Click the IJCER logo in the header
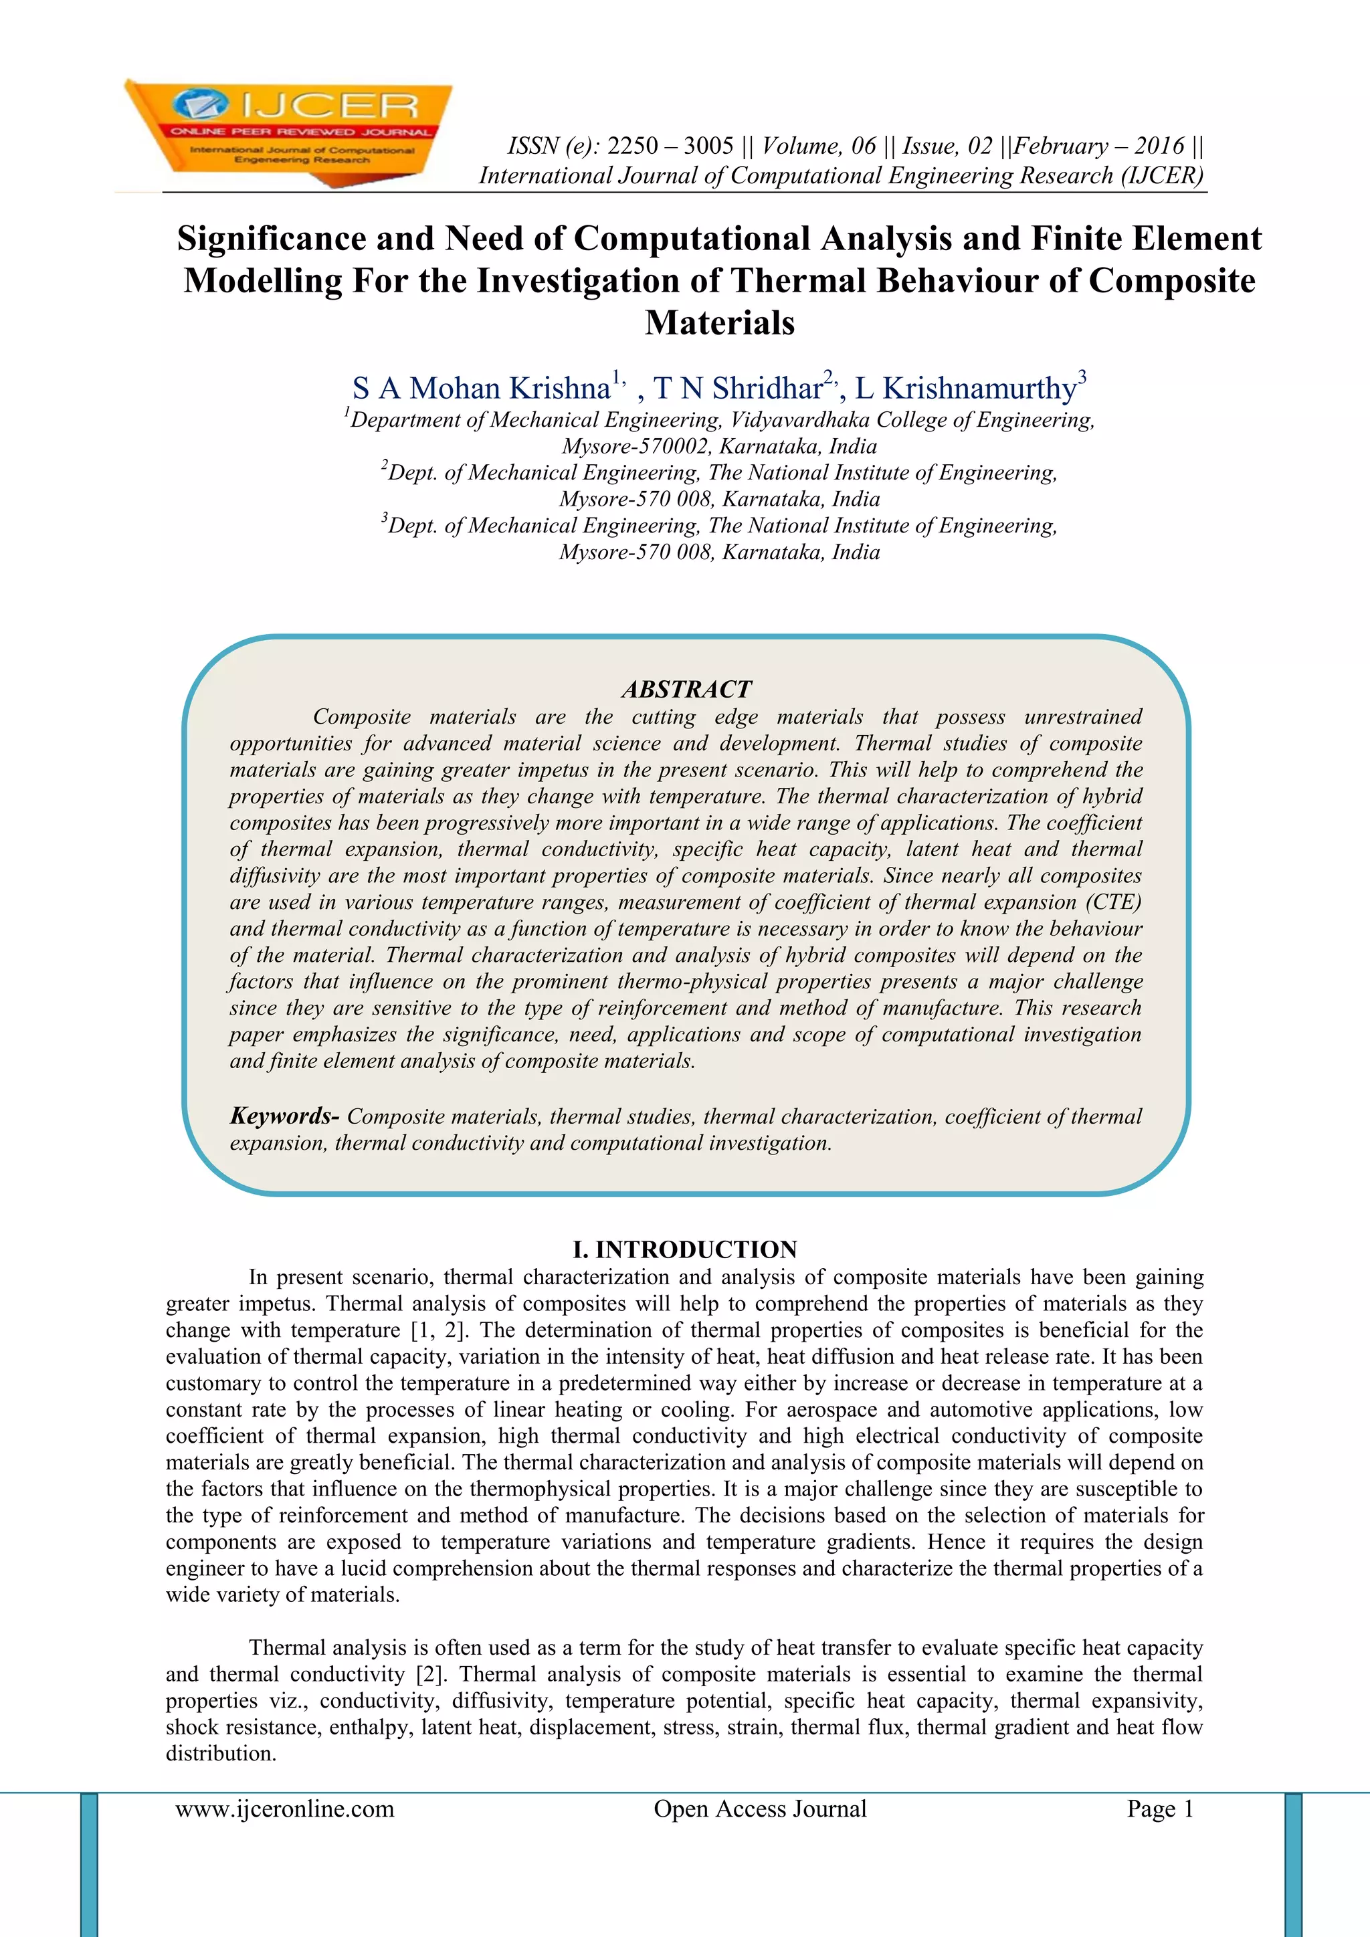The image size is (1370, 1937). pyautogui.click(x=287, y=131)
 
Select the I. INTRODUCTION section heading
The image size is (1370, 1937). pyautogui.click(x=684, y=1249)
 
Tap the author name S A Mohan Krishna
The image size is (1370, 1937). pyautogui.click(x=481, y=388)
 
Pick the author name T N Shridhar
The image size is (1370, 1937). pyautogui.click(x=737, y=388)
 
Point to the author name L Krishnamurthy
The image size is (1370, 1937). pyautogui.click(x=965, y=388)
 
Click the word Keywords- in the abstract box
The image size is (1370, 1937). pyautogui.click(x=284, y=1116)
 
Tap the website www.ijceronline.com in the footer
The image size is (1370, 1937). pyautogui.click(x=284, y=1808)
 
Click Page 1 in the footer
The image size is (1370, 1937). pyautogui.click(x=1160, y=1808)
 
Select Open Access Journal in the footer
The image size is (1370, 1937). pyautogui.click(x=759, y=1808)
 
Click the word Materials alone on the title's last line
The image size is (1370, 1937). pyautogui.click(x=720, y=322)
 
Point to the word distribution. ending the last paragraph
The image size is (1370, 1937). pyautogui.click(x=221, y=1753)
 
